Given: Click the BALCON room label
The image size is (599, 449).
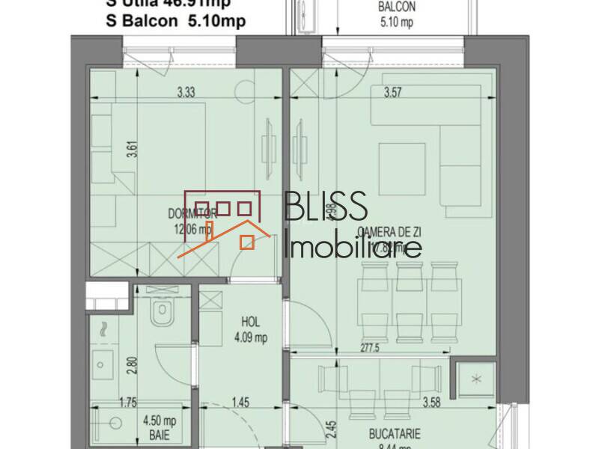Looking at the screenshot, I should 397,7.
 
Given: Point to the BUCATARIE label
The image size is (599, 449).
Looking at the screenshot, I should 394,433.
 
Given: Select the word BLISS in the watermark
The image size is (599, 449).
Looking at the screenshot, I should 326,206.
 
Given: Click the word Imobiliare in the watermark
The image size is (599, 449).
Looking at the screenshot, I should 353,247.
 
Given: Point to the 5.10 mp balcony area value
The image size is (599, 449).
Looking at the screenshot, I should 397,22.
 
